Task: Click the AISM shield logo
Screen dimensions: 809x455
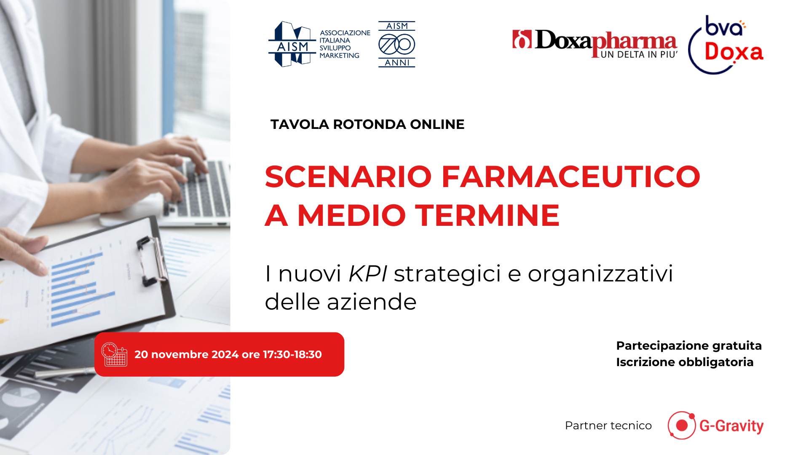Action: (292, 44)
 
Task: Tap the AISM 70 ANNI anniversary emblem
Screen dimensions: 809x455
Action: (396, 44)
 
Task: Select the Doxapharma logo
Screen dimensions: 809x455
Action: (595, 44)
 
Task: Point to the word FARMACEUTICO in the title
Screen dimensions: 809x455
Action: (571, 177)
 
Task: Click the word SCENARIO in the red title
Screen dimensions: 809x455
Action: (348, 177)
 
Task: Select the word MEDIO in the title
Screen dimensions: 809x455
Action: (351, 215)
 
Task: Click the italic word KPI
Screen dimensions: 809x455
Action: (368, 273)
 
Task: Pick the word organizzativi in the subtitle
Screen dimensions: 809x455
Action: (600, 274)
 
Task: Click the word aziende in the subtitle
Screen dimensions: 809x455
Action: (372, 302)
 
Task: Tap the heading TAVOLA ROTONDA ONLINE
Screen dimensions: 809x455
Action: (367, 124)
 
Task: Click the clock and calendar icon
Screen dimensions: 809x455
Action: (114, 354)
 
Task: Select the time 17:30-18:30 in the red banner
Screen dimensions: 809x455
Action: (292, 354)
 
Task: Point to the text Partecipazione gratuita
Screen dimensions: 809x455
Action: (689, 346)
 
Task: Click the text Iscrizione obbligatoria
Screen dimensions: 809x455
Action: (685, 362)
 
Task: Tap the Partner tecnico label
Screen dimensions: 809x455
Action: (608, 426)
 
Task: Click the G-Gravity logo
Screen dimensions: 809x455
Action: (715, 426)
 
